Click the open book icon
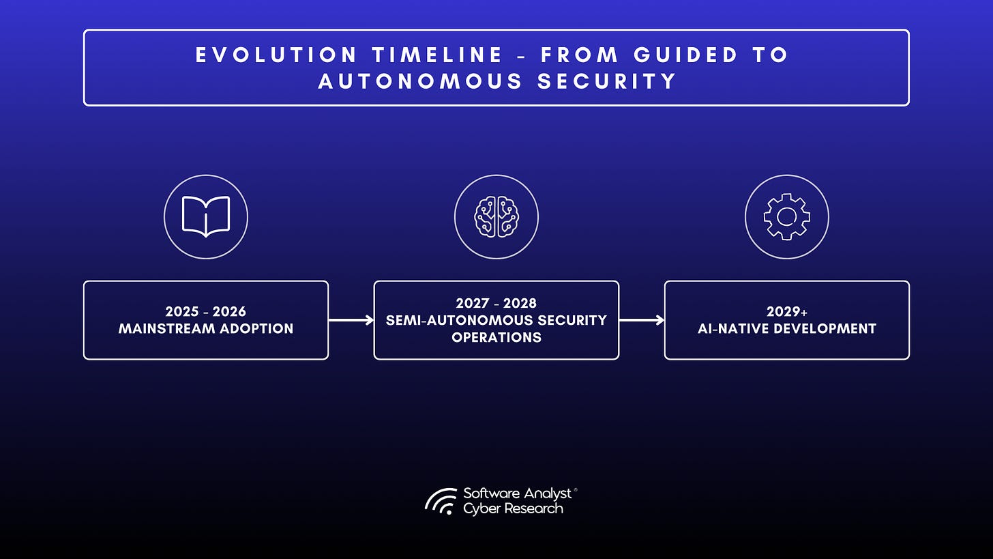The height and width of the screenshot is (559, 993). tap(205, 216)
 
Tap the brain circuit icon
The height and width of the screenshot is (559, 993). tap(496, 216)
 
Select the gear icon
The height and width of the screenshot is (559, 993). tap(786, 216)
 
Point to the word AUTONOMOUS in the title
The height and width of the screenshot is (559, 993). tap(420, 81)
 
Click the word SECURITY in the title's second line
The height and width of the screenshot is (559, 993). tap(607, 81)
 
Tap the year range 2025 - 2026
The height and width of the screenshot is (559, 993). tap(205, 312)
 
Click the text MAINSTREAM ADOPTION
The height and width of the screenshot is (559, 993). tap(205, 328)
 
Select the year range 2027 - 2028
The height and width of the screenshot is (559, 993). tap(496, 303)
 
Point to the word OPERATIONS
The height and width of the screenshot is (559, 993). tap(496, 337)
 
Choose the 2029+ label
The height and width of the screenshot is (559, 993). tap(786, 312)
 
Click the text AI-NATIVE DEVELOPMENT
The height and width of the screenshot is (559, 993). tap(786, 328)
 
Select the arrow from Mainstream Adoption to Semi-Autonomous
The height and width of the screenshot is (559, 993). tap(351, 320)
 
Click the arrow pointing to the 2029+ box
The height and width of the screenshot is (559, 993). tap(641, 320)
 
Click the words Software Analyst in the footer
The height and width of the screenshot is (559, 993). tap(517, 493)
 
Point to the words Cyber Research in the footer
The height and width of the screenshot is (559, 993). tap(513, 508)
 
